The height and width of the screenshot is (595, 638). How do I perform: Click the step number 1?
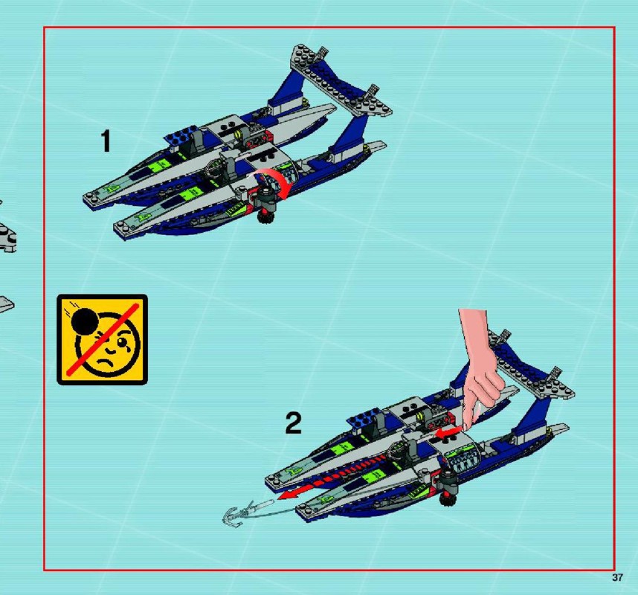(x=106, y=141)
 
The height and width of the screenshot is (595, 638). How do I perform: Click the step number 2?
(x=294, y=423)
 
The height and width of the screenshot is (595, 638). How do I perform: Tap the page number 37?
(x=617, y=577)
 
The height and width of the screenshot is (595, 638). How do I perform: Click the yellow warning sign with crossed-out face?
(x=102, y=339)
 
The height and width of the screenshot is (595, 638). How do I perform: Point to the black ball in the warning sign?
(x=85, y=321)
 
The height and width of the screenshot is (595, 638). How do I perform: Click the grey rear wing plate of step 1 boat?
(x=341, y=80)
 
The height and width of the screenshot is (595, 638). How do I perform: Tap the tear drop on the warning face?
(x=125, y=348)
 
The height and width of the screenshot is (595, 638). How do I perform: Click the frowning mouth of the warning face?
(x=104, y=360)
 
